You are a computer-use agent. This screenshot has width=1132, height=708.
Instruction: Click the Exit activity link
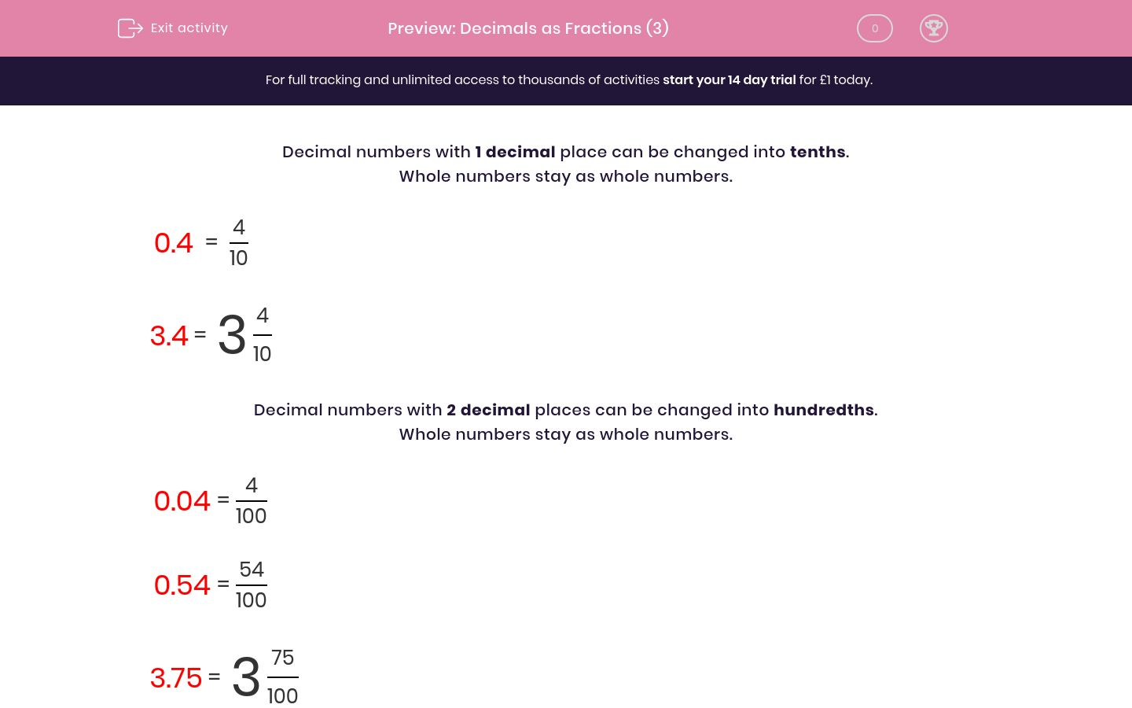pos(189,28)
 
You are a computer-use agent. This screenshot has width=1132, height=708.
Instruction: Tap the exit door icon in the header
pos(130,28)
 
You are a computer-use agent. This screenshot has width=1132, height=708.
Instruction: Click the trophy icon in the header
pos(933,28)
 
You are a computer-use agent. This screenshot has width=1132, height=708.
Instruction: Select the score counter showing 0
pos(874,28)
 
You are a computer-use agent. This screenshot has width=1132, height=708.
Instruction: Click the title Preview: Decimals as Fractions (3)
pos(527,28)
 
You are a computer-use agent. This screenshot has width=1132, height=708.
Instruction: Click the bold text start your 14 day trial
pos(729,79)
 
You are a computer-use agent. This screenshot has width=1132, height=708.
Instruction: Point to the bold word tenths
pos(818,152)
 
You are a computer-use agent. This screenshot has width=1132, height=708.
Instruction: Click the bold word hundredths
pos(823,410)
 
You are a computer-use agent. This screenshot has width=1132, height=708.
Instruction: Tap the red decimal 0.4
pos(174,243)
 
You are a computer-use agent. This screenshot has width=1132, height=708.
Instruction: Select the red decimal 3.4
pos(169,336)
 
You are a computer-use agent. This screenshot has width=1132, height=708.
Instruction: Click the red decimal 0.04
pos(182,501)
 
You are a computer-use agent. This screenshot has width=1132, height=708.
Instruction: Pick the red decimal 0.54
pos(182,585)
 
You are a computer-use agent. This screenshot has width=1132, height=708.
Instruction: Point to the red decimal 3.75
pos(176,678)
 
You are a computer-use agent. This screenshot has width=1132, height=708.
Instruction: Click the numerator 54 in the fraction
pos(252,570)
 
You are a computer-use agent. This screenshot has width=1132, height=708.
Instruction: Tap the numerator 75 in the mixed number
pos(282,658)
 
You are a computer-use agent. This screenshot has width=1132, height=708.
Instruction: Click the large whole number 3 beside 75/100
pos(245,677)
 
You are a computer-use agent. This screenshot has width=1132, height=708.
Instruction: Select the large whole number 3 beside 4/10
pos(231,335)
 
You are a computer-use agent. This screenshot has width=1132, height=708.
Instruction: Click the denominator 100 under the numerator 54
pos(251,600)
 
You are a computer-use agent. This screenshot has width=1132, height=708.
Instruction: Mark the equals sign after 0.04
pos(223,500)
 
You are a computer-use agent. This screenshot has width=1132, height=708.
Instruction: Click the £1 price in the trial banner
pos(825,79)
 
